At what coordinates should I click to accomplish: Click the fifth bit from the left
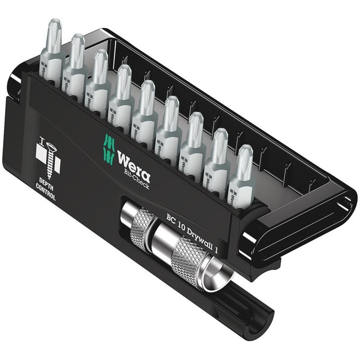point(146,108)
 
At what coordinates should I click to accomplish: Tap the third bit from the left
point(99,76)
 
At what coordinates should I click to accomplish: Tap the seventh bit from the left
point(194,139)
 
